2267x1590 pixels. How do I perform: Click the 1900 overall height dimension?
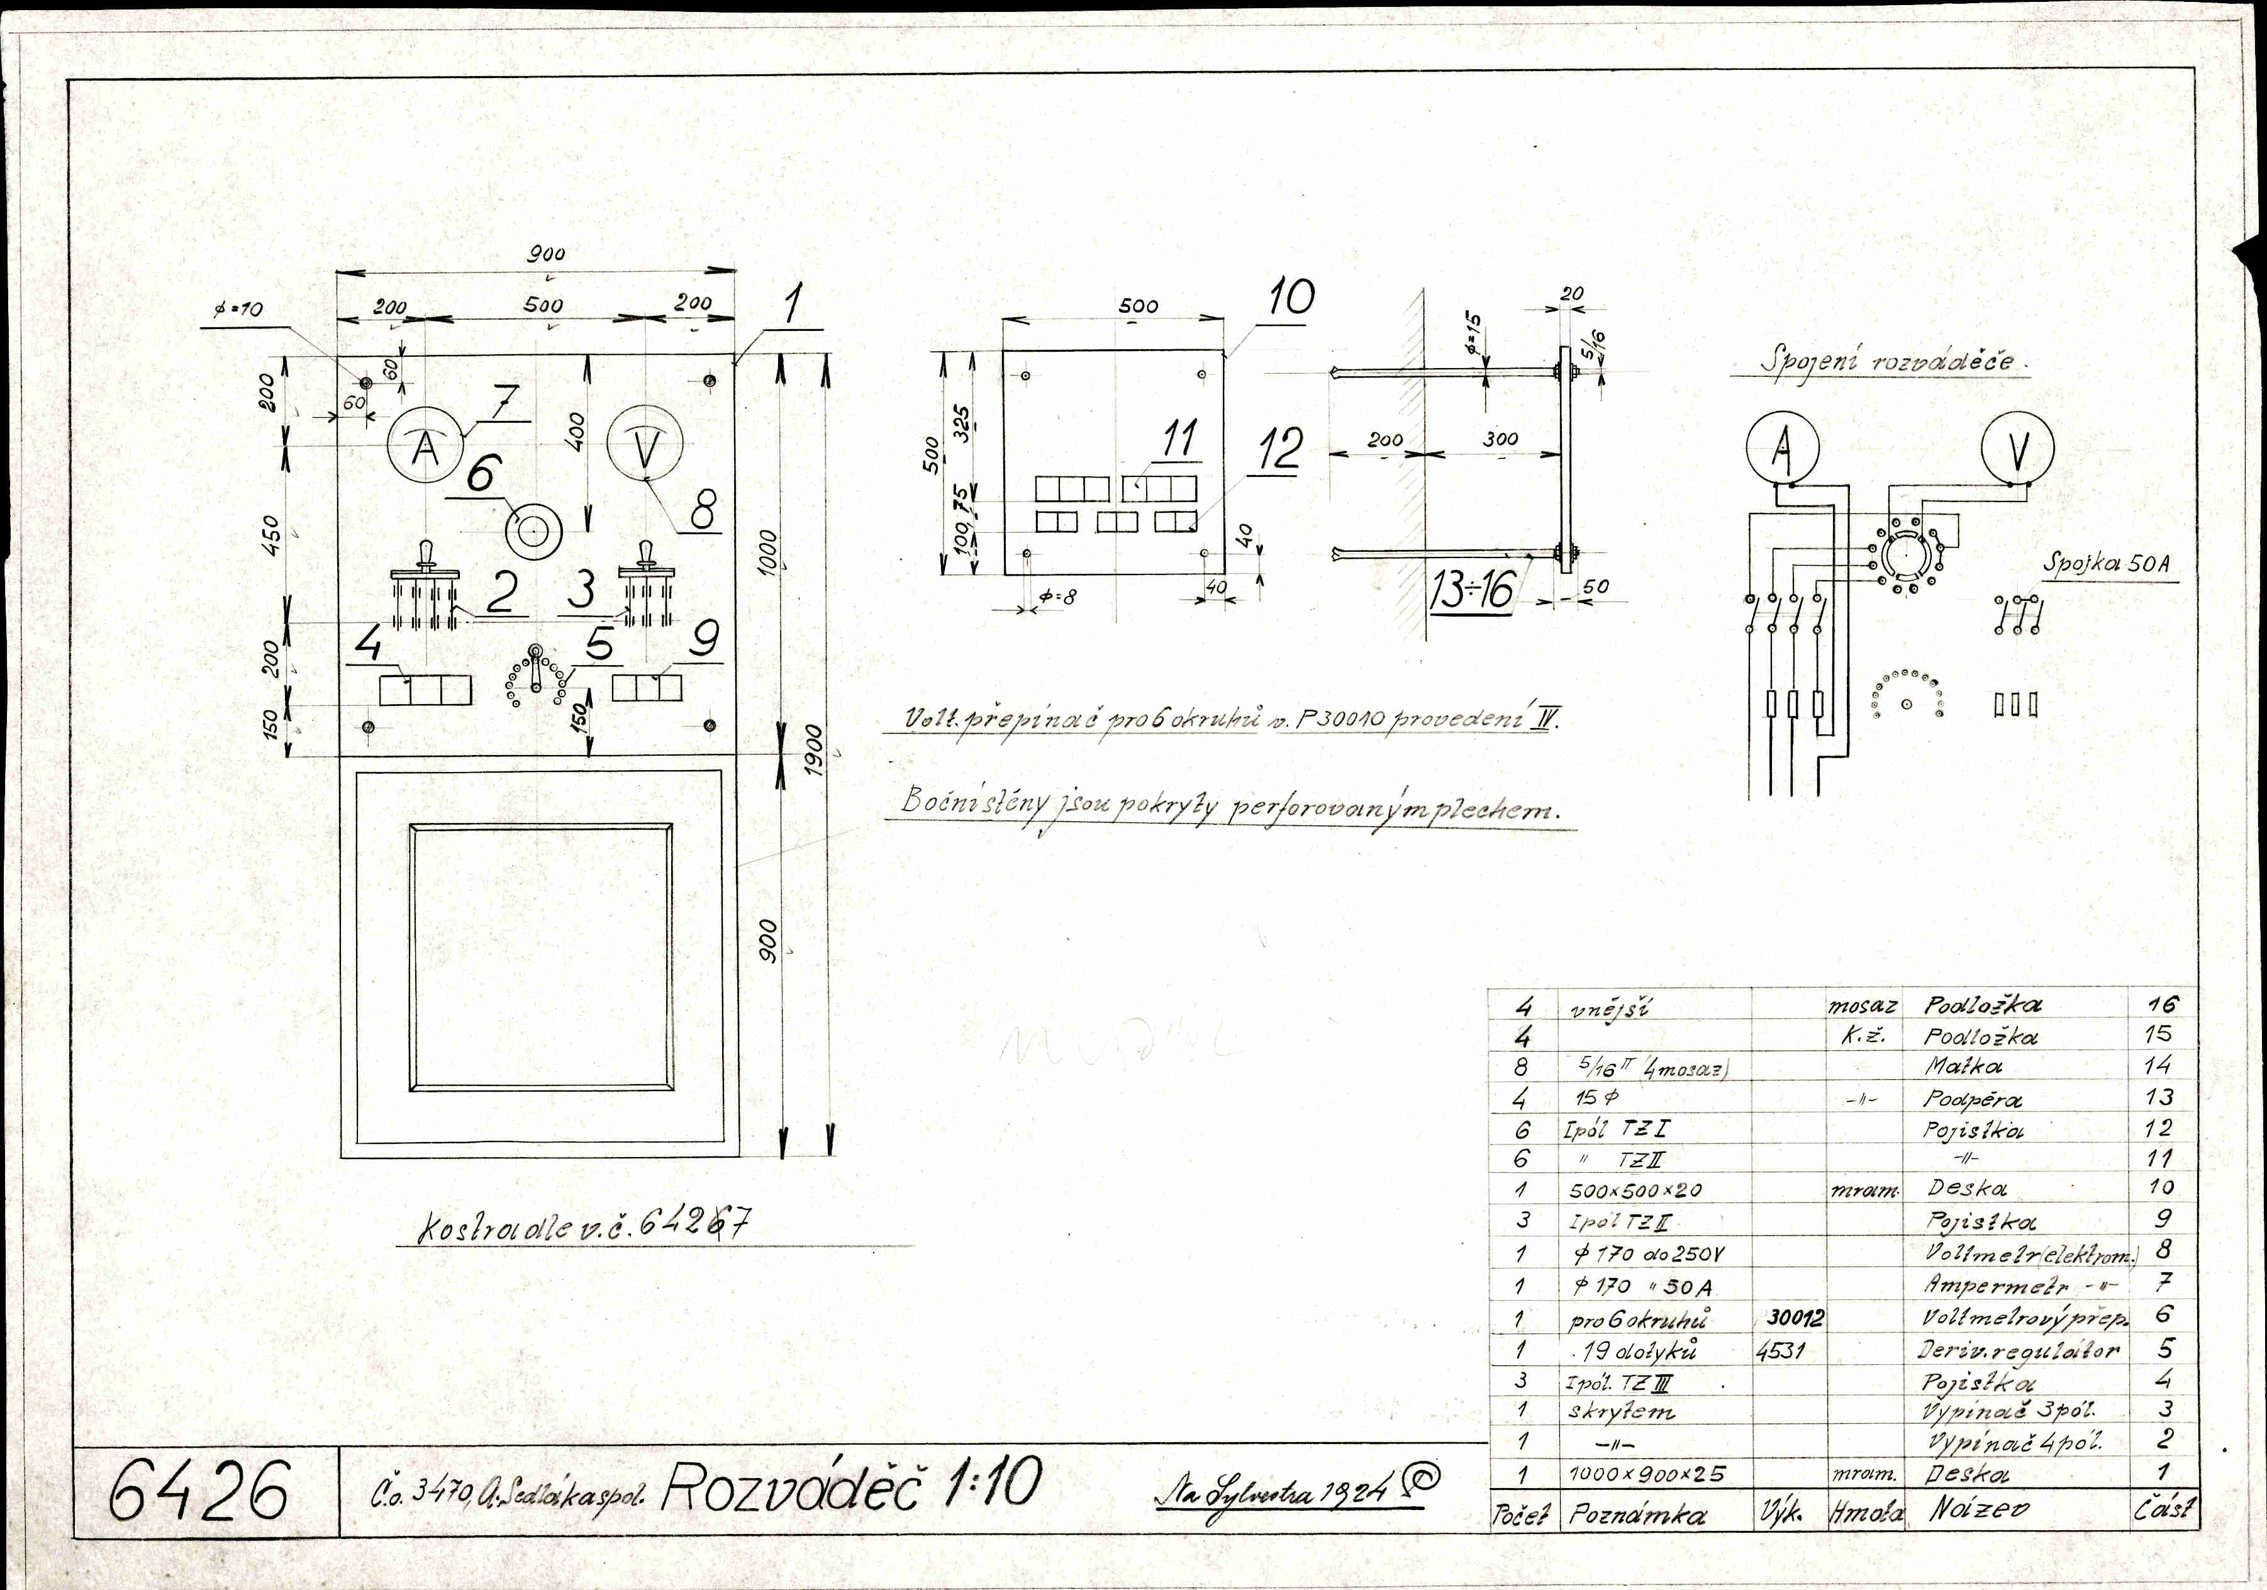point(811,751)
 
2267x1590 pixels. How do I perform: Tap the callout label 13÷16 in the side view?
point(1472,591)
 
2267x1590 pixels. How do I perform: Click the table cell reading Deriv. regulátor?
point(2017,1350)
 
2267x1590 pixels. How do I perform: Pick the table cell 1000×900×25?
point(1646,1474)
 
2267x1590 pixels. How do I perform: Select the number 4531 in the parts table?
point(1781,1350)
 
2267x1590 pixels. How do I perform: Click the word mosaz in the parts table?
point(1862,1006)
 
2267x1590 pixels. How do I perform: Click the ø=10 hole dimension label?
point(237,309)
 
